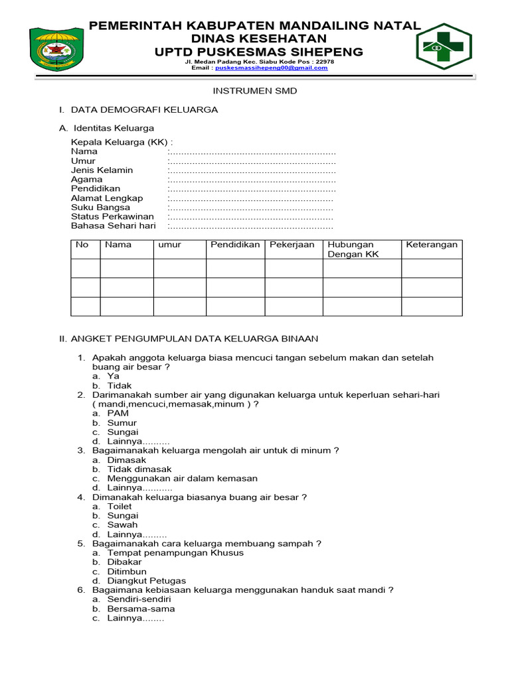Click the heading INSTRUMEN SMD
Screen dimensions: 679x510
tap(254, 91)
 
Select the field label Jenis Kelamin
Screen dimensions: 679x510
tap(102, 170)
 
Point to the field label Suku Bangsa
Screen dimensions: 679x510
tap(100, 207)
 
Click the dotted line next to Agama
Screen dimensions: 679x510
tap(252, 179)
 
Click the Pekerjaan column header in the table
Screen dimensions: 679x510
tap(292, 245)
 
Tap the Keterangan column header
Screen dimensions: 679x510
tap(432, 245)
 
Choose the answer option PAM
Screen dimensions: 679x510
tap(118, 413)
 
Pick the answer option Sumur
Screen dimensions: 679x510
tap(122, 422)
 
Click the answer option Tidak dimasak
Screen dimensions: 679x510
tap(139, 469)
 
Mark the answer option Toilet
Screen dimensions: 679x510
tap(120, 506)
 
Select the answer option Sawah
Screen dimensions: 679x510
tap(122, 525)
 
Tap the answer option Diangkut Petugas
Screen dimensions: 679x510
tap(146, 580)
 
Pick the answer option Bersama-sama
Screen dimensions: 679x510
tap(141, 608)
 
